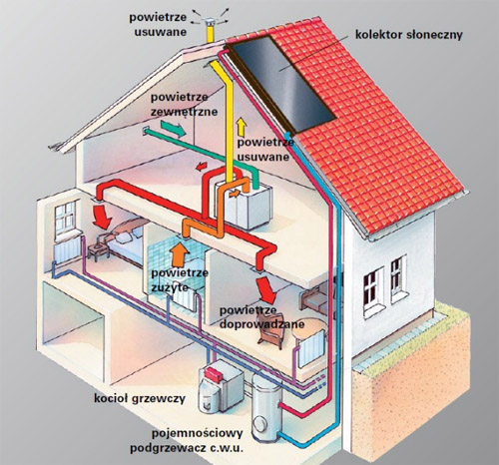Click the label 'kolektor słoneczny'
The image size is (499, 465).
pos(409,35)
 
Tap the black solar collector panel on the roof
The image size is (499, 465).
pos(282,83)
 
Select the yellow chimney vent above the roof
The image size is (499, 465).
pos(211,30)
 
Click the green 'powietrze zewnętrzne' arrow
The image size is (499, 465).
pos(174,129)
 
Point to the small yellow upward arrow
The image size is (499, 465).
pos(241,127)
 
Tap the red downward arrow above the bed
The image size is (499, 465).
pos(102,217)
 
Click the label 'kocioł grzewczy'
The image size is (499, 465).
pos(140,398)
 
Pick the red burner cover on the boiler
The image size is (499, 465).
pos(214,375)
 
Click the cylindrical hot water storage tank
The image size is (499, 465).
pos(266,407)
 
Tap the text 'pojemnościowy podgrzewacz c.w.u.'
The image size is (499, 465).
pos(187,441)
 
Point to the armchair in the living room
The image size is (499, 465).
pos(270,330)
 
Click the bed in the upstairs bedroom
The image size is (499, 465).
pos(127,241)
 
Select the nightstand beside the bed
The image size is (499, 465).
pos(98,251)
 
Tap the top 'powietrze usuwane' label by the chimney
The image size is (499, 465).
pos(159,24)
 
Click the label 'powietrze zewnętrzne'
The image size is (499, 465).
pos(185,104)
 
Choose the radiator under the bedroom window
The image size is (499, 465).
pos(67,249)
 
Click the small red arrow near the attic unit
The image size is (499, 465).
pos(201,166)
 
